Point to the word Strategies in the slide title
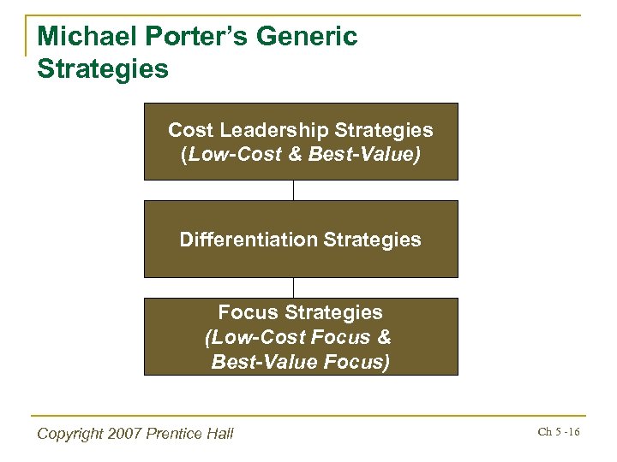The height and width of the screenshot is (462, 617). tap(103, 68)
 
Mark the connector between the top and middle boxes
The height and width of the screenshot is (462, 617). tap(294, 190)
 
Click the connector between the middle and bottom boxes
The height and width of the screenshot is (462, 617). tap(294, 287)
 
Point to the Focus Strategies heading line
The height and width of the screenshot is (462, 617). tap(300, 312)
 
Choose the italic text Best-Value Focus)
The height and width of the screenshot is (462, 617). tap(300, 362)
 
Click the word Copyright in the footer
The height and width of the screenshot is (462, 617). tap(71, 434)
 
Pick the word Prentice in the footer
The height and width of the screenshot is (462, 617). tap(175, 434)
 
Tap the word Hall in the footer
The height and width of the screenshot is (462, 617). tap(219, 434)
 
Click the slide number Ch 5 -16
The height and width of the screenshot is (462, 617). tap(558, 432)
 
